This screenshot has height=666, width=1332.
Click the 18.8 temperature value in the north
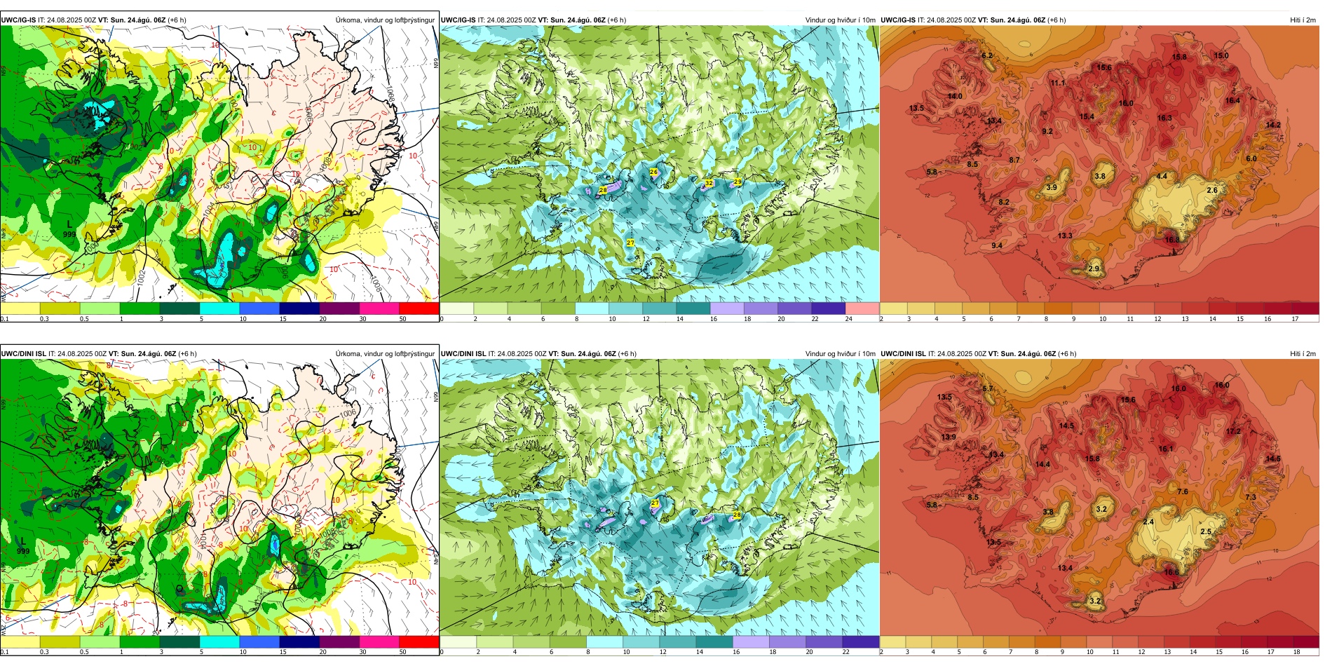point(1179,57)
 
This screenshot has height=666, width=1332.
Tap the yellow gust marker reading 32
point(709,183)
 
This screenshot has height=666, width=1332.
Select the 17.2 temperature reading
point(1233,431)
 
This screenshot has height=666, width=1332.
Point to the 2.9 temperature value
point(1094,269)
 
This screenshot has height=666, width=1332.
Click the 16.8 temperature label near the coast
point(1171,240)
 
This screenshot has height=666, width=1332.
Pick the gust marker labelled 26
point(653,172)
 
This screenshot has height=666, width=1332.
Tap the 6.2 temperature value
point(987,55)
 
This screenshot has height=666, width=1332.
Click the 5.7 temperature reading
point(988,388)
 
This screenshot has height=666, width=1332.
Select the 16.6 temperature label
point(1171,572)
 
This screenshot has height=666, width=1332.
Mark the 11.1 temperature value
point(1057,83)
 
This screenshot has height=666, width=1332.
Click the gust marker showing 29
point(738,182)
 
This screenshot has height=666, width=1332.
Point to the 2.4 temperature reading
point(1148,522)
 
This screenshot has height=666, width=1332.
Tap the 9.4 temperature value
point(997,245)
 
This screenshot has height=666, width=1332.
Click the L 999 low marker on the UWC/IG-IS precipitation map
point(69,229)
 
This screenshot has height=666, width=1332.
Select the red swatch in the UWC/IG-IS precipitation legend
point(419,308)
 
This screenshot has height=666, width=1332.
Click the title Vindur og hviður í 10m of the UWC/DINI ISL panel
point(840,353)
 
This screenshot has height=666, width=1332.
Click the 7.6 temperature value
point(1182,491)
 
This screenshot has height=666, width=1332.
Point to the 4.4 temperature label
point(1162,176)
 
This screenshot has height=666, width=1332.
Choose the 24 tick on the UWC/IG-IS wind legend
point(848,319)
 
